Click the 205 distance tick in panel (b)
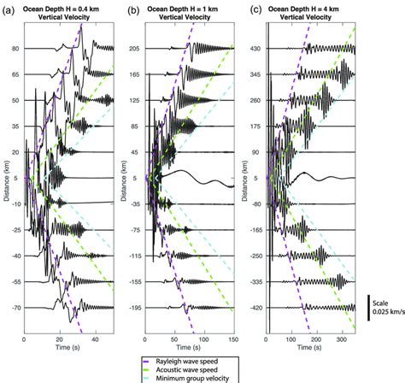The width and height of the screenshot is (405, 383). coord(135,49)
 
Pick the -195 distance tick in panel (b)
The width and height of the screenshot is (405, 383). coord(133,307)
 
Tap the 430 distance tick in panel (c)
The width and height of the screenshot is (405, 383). coord(256,49)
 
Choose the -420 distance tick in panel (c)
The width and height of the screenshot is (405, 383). coord(255,307)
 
